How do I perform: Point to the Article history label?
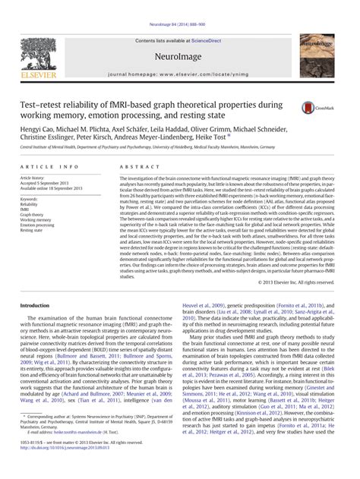pyautogui.click(x=37, y=178)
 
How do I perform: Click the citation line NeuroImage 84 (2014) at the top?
pyautogui.click(x=179, y=5)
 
